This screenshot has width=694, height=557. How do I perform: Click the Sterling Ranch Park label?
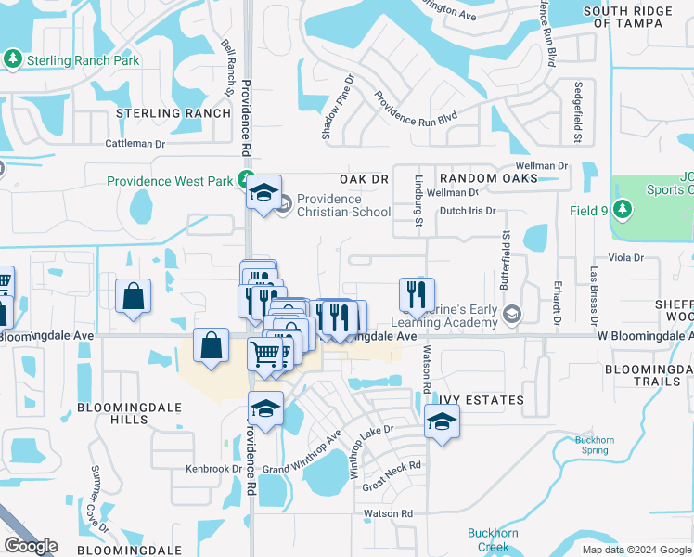[83, 60]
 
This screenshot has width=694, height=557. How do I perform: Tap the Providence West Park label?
[170, 181]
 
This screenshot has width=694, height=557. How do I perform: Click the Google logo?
[31, 546]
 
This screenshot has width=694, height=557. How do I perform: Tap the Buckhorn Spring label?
[595, 445]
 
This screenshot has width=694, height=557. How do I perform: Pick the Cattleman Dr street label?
[135, 144]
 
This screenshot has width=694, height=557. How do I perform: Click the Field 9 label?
[588, 211]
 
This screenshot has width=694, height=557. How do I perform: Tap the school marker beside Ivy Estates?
[442, 422]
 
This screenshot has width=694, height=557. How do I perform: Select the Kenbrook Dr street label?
[213, 469]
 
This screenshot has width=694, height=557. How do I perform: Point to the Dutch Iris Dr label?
[468, 211]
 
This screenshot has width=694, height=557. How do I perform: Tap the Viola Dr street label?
[625, 256]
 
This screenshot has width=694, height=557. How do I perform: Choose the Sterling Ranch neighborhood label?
[173, 113]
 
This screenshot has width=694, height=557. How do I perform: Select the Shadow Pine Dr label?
[338, 108]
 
